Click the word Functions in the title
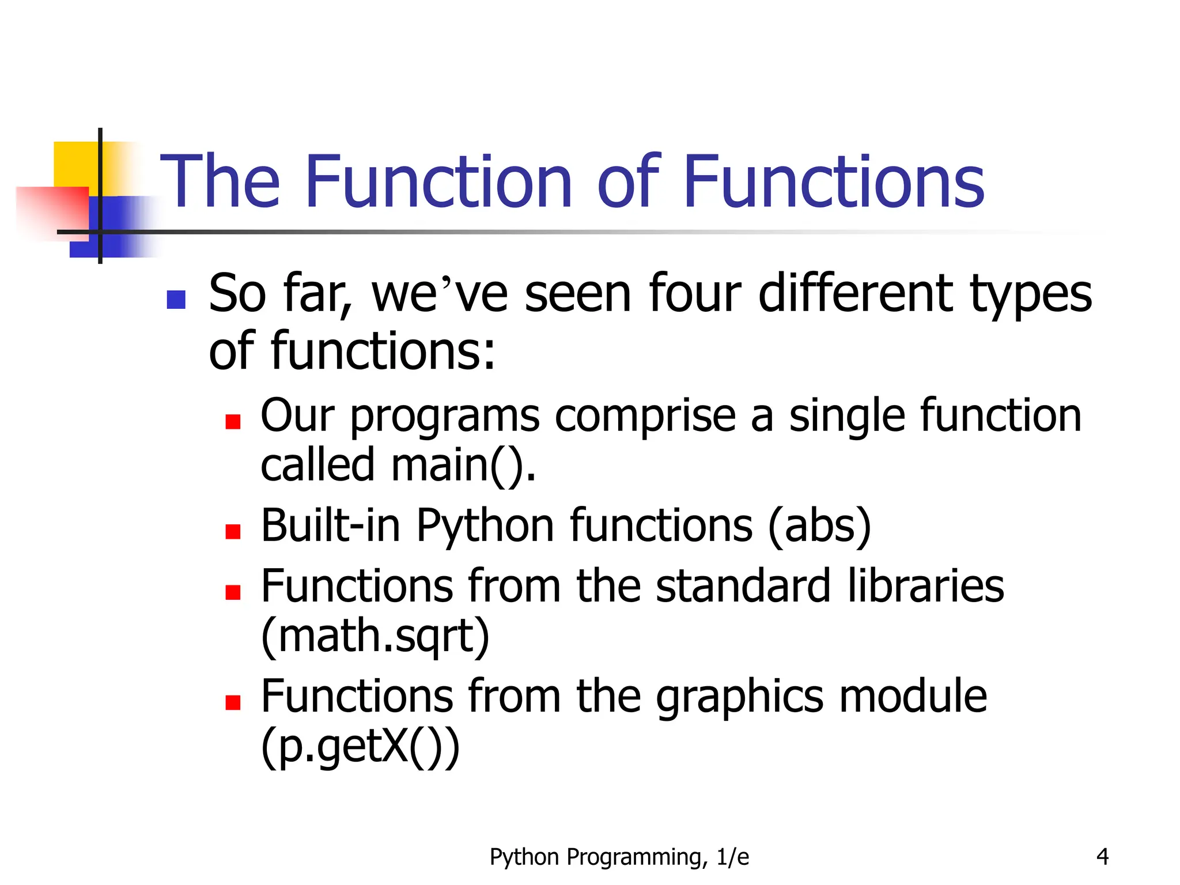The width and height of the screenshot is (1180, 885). tap(833, 181)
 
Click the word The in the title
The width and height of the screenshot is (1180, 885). tap(220, 181)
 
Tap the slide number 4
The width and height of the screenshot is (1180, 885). tap(1102, 857)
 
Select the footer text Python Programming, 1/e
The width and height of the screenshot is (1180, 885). tap(619, 857)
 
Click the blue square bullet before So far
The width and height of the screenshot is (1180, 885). tap(176, 300)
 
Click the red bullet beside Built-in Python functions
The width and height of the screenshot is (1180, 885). tap(233, 531)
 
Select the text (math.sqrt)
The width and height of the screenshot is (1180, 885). tap(375, 636)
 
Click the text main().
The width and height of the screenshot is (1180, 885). tap(463, 465)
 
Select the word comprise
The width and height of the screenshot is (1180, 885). tap(645, 417)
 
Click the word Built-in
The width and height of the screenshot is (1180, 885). tap(331, 525)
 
